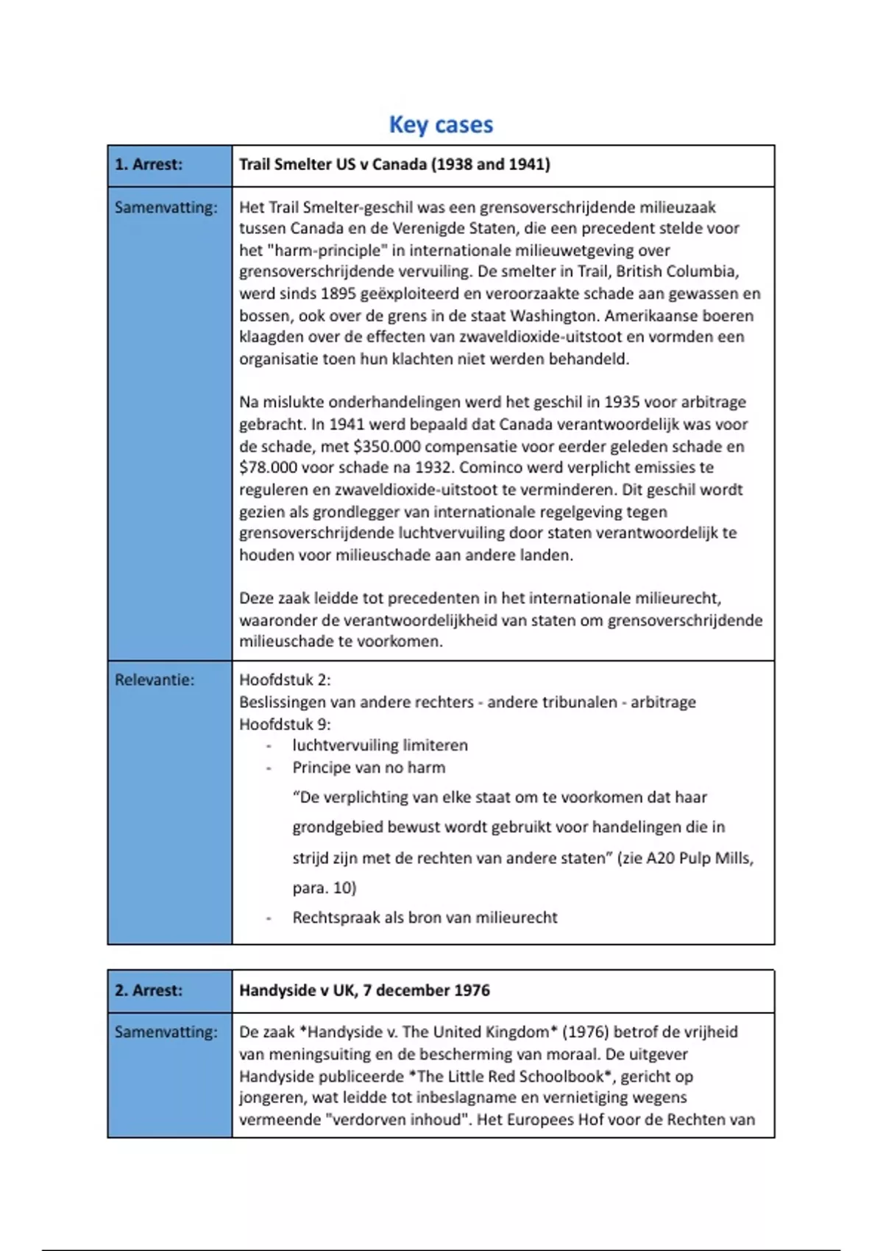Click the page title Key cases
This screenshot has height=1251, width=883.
(441, 125)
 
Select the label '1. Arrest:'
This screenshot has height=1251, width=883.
(149, 165)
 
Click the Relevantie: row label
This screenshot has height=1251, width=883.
(155, 681)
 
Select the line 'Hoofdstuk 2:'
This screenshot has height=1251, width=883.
(285, 681)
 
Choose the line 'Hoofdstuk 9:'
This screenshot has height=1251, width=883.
(285, 724)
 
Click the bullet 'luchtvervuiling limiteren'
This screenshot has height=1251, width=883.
(380, 745)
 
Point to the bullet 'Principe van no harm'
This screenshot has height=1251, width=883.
(369, 768)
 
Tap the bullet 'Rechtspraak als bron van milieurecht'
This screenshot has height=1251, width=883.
(425, 918)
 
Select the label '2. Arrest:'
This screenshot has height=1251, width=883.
(149, 990)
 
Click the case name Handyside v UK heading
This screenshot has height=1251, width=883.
(364, 990)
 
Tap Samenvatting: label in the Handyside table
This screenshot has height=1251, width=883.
(166, 1032)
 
